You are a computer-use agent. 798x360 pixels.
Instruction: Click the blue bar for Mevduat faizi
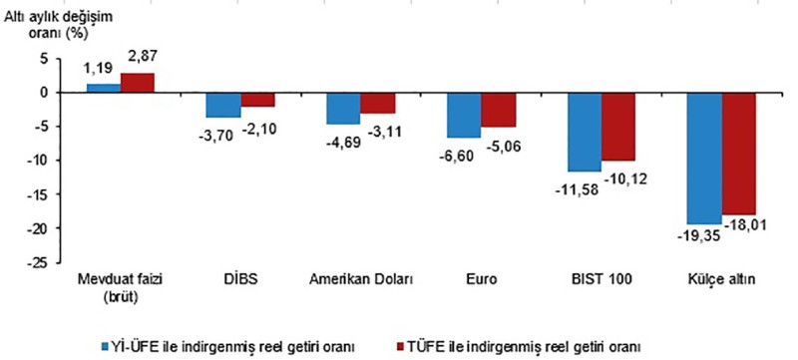(x=104, y=88)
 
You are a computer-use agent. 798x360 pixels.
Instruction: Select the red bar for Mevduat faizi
(x=138, y=83)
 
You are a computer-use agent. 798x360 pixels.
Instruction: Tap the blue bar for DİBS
(x=223, y=105)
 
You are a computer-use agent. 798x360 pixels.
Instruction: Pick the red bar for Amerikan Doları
(x=378, y=103)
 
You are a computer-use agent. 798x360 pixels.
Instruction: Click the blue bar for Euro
(x=464, y=115)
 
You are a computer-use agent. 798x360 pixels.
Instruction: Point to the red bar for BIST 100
(x=618, y=127)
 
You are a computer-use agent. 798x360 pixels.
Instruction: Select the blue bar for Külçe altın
(x=704, y=159)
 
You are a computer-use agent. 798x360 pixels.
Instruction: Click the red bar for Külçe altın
(x=739, y=154)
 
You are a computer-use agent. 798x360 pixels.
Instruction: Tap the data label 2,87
(x=139, y=57)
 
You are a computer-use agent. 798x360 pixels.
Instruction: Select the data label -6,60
(x=457, y=155)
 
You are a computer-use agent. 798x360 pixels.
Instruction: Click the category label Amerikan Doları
(x=361, y=280)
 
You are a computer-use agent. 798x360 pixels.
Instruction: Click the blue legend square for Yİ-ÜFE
(x=106, y=347)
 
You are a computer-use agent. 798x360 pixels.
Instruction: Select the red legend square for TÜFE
(x=401, y=347)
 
